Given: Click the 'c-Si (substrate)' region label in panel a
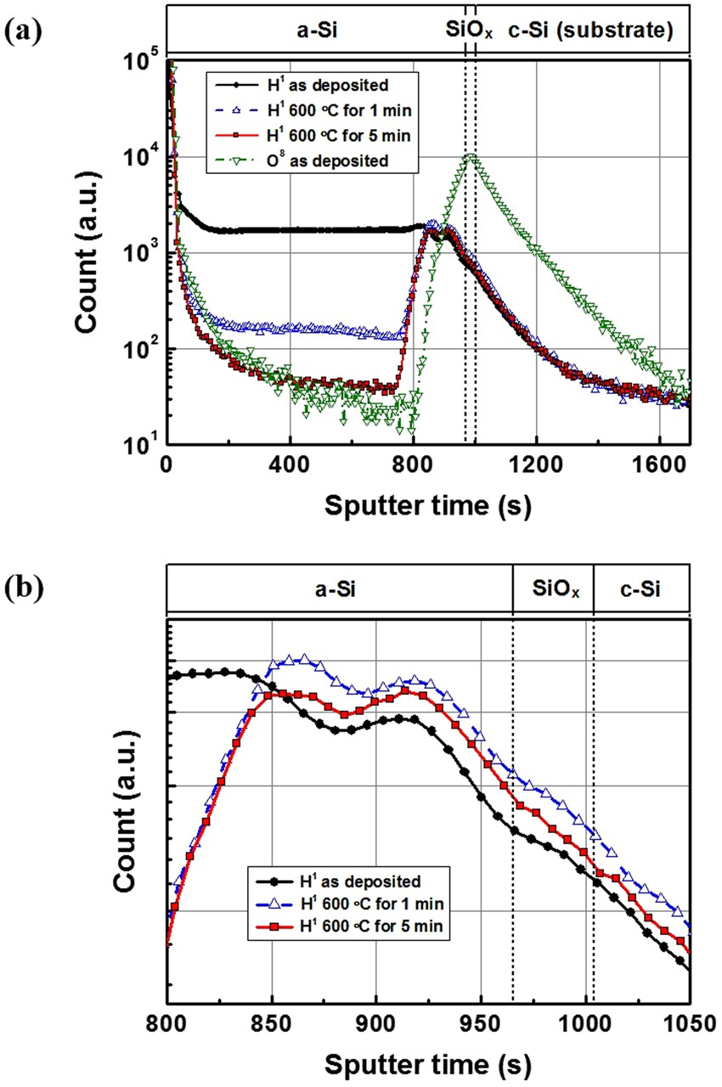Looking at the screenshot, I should point(591,31).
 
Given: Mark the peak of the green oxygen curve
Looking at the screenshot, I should point(470,155).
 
